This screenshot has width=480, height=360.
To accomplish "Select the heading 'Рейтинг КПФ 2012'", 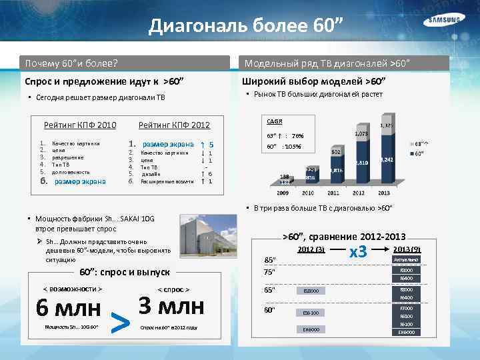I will tap(174, 125).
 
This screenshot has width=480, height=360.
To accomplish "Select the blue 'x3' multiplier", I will tap(359, 252).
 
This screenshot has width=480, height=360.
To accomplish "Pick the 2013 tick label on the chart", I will tap(385, 192).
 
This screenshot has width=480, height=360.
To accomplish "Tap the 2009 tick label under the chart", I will tap(283, 192).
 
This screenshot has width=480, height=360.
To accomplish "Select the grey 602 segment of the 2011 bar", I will tap(336, 153).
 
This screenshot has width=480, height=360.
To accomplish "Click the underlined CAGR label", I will tap(274, 121).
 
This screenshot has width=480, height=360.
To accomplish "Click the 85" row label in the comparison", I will tap(270, 259).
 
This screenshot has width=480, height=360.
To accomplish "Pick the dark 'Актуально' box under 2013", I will tap(405, 259).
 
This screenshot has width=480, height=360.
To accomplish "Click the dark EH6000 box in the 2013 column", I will tap(405, 332).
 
